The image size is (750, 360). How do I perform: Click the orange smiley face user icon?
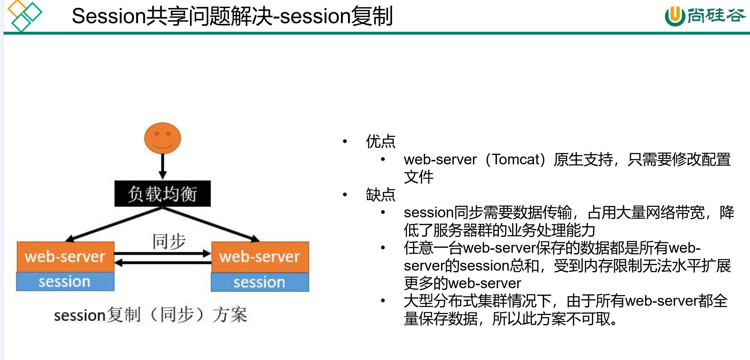coord(163,138)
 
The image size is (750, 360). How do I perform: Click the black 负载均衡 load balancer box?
coord(163,194)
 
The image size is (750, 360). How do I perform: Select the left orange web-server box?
coord(65,257)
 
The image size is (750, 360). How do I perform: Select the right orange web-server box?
coord(260,257)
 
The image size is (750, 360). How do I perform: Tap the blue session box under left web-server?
coord(65,281)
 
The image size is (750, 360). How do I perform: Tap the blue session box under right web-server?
coord(260,282)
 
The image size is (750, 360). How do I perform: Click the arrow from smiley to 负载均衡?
coord(163,166)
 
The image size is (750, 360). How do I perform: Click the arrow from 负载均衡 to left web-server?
coord(115,223)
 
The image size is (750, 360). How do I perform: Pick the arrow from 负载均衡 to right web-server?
coord(211,223)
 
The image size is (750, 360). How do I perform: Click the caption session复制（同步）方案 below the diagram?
coord(150,315)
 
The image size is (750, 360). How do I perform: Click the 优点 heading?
coord(381,141)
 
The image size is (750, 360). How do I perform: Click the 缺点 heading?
coord(381,195)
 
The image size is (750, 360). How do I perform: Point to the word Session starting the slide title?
coord(109,16)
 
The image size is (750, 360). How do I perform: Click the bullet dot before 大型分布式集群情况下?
coord(383,301)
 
